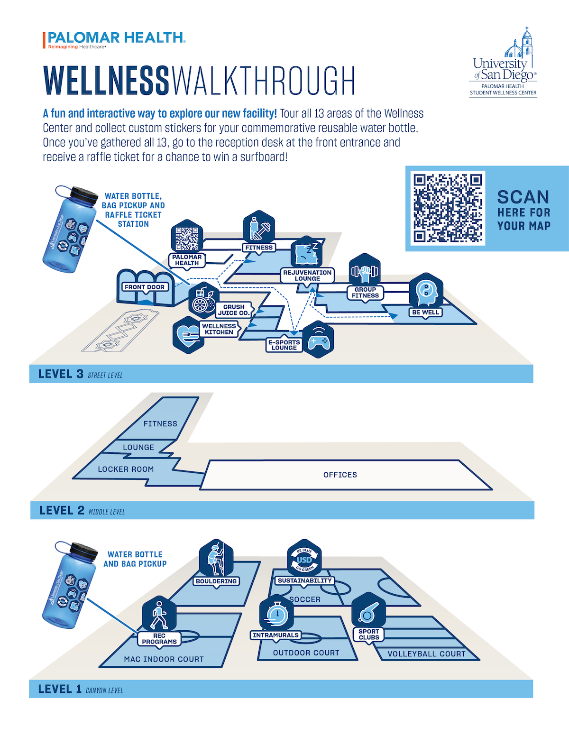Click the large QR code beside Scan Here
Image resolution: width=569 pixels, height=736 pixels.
click(x=447, y=208)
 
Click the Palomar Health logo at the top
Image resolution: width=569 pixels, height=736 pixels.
click(x=114, y=40)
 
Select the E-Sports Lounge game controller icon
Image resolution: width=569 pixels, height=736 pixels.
click(x=318, y=340)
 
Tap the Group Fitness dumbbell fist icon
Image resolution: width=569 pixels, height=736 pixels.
click(x=365, y=271)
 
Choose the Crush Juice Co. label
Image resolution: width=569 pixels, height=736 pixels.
click(x=234, y=310)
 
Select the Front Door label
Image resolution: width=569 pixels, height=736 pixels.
click(x=145, y=287)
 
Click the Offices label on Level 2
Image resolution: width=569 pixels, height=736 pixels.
click(x=340, y=475)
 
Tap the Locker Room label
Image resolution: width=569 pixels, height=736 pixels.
click(x=126, y=469)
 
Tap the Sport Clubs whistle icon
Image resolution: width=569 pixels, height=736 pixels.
click(x=368, y=611)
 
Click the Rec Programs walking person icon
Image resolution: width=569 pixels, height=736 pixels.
click(x=159, y=615)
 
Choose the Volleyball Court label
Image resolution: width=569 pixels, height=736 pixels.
click(x=426, y=653)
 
